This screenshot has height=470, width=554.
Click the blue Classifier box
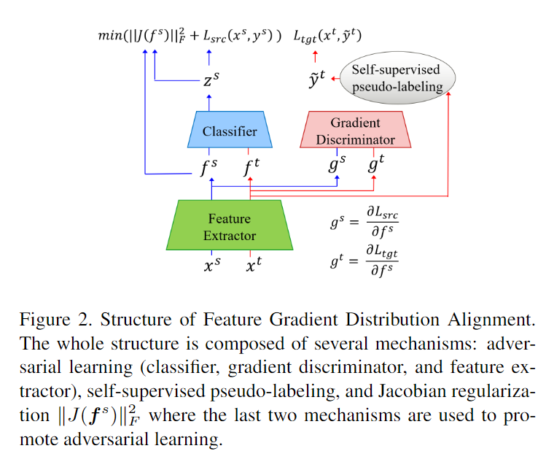[230, 131]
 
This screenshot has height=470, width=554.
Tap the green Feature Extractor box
[230, 226]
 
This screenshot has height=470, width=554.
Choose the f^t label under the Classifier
[251, 168]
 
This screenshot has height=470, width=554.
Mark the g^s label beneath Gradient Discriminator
[336, 166]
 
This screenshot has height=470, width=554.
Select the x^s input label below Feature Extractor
[211, 266]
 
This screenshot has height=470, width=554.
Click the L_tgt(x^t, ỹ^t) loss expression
[328, 35]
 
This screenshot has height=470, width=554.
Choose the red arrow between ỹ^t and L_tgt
[316, 56]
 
